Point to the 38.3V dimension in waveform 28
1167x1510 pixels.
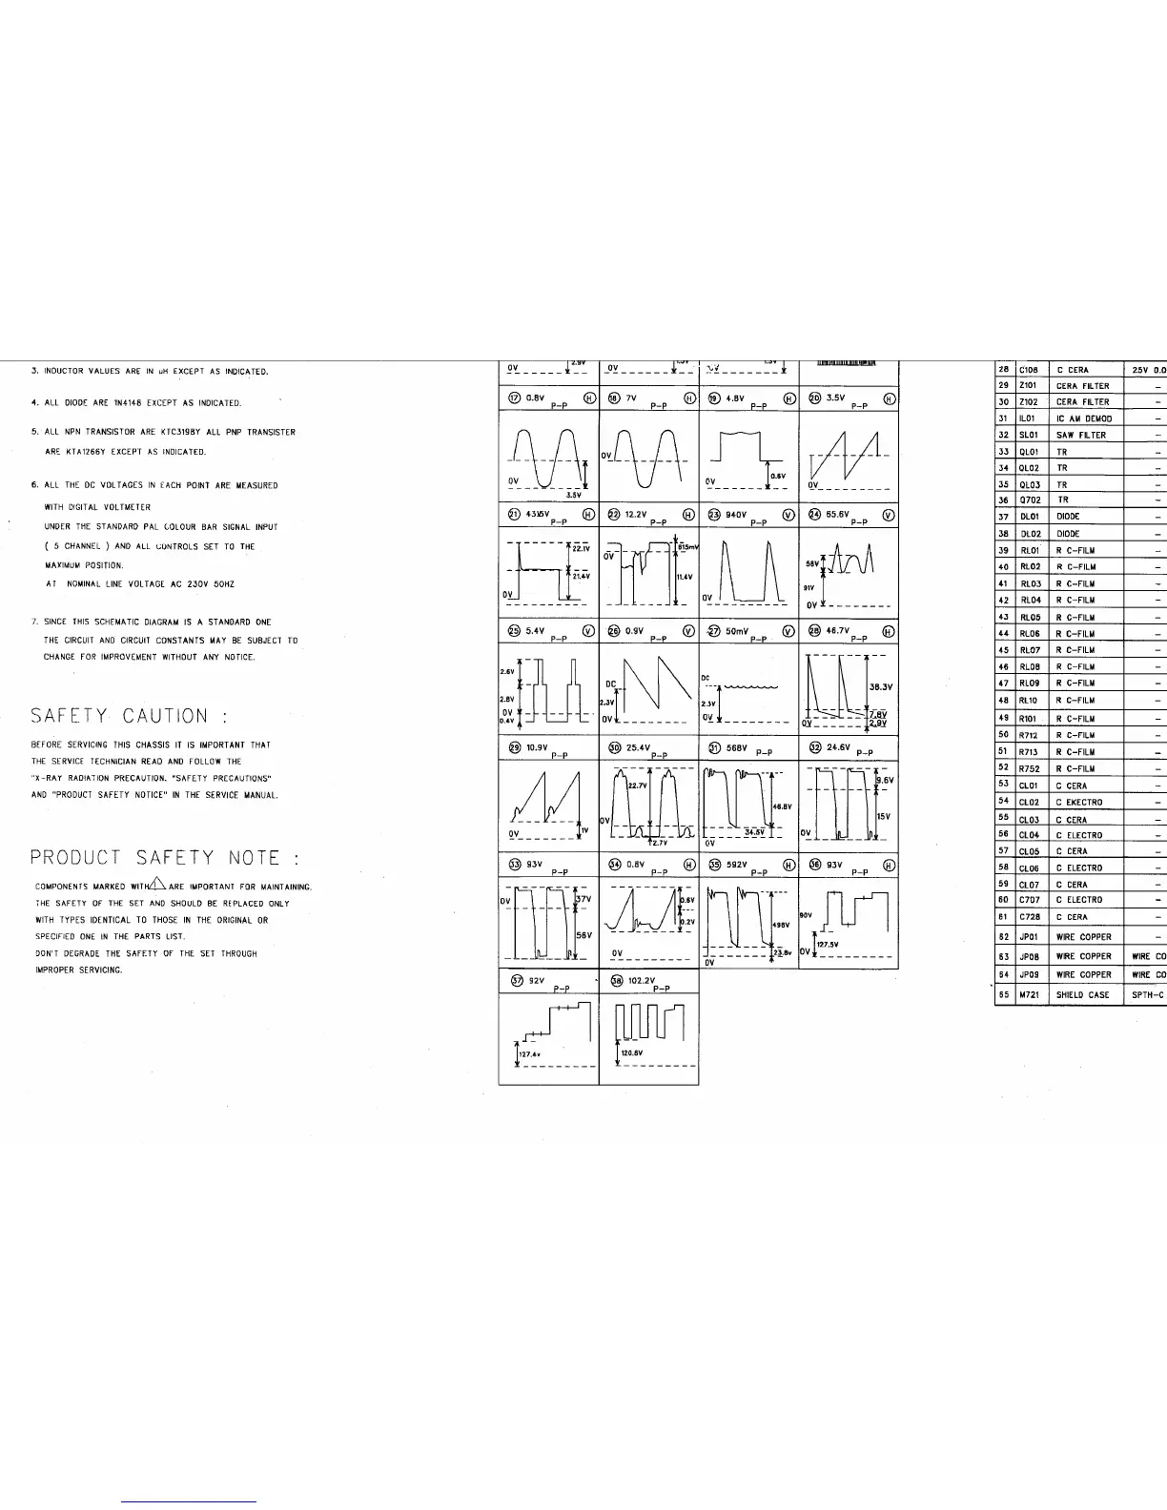881,686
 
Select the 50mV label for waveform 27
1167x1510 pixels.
737,631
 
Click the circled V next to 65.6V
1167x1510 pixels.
889,515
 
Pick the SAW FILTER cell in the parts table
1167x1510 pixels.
1081,435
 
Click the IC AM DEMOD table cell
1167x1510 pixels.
1084,418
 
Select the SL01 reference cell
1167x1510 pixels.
1028,435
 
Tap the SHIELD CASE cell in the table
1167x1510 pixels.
1083,995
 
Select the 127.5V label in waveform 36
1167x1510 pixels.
827,946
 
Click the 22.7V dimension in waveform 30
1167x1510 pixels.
638,786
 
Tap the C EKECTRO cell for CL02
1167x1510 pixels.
1079,803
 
